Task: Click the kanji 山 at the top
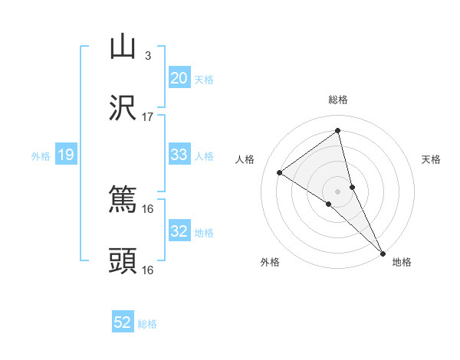(x=123, y=47)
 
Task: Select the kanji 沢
(x=123, y=108)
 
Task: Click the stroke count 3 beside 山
(x=148, y=55)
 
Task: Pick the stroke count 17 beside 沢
(x=148, y=116)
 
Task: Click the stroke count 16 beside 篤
(x=148, y=208)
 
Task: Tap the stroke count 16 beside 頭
(x=148, y=270)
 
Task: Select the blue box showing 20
(x=179, y=78)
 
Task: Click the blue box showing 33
(x=179, y=155)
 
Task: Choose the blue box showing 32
(x=179, y=231)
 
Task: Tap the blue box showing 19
(x=66, y=155)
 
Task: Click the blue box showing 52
(x=123, y=322)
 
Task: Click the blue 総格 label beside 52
(x=147, y=324)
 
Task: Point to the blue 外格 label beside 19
(x=41, y=156)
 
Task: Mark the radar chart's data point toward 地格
(x=383, y=253)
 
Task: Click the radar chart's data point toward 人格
(x=280, y=172)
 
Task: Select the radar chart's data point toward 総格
(x=338, y=131)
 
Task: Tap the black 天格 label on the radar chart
(x=432, y=159)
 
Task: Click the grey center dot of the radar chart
(x=338, y=191)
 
